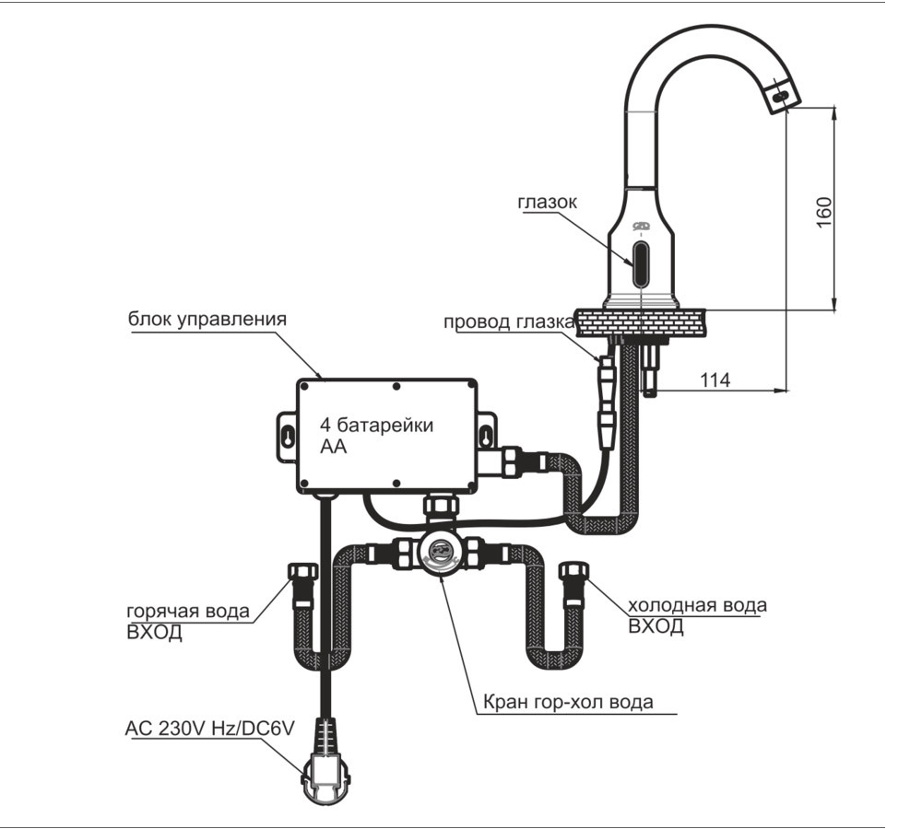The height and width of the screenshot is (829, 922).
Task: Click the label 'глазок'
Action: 547,202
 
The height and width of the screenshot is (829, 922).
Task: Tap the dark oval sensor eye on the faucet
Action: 641,263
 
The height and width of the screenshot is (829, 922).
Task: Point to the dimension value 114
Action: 715,380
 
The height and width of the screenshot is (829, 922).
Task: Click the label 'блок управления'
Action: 207,319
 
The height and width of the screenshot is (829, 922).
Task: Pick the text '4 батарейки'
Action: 376,425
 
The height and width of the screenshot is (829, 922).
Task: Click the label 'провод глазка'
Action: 508,322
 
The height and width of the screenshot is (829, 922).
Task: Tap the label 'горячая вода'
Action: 188,611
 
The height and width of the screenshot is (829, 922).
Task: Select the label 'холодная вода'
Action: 697,604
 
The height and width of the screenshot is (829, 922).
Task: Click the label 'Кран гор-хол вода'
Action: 567,702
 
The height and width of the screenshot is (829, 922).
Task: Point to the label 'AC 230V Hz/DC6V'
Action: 210,729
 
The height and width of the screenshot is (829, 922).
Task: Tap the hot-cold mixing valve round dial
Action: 440,553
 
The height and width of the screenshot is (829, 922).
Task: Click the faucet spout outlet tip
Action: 783,94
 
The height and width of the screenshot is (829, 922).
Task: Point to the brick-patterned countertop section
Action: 641,323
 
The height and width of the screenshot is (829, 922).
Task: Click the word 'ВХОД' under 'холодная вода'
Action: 656,626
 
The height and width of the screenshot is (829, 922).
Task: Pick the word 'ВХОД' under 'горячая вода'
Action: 154,632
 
